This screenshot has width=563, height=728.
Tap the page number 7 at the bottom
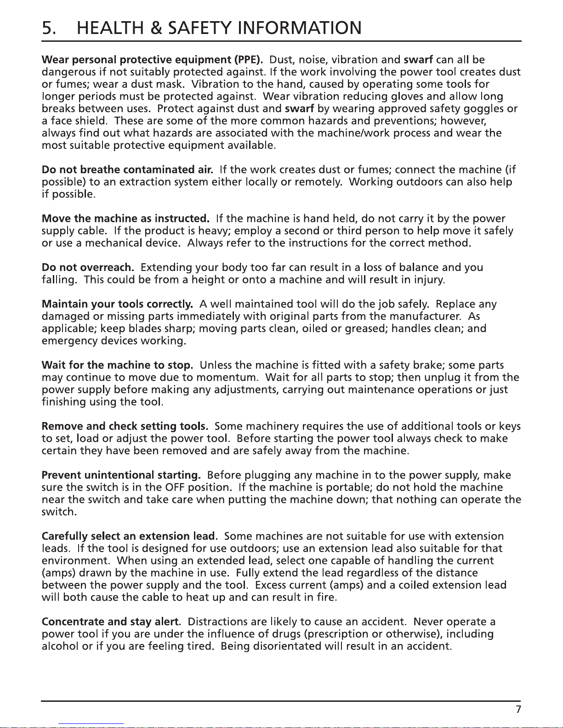(x=518, y=710)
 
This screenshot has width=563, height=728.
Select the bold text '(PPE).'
(x=249, y=60)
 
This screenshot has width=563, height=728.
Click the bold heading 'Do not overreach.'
(x=88, y=267)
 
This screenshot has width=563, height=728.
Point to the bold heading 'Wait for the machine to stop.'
(x=117, y=365)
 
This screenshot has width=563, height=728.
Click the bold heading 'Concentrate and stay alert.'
(x=111, y=622)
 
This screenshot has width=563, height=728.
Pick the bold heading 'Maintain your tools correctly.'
(x=117, y=304)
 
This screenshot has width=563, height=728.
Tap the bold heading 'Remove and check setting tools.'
(x=125, y=426)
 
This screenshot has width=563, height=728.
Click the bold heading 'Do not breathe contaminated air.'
(x=127, y=169)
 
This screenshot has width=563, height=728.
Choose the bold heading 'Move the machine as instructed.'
(x=125, y=218)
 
